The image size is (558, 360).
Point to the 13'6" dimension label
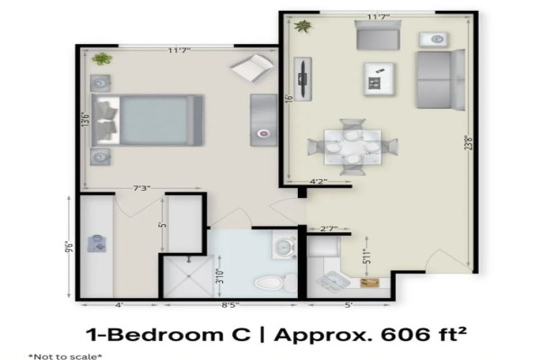[84, 120]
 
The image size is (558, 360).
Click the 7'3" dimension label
[141, 188]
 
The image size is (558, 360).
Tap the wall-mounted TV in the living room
[304, 78]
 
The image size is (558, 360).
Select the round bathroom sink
[283, 246]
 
